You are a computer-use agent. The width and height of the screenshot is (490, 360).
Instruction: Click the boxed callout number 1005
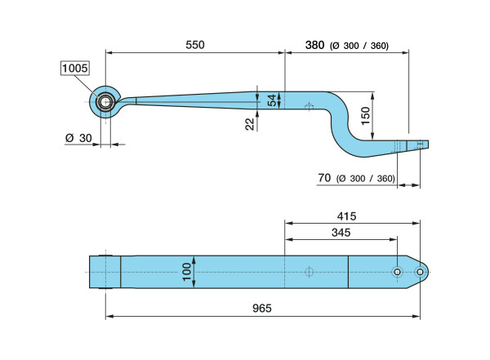(x=75, y=69)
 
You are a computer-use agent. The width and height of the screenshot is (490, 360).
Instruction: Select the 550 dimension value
(x=194, y=45)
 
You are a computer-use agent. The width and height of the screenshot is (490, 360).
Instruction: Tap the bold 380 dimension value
(x=314, y=46)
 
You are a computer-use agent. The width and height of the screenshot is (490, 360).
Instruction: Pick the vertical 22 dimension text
(x=249, y=122)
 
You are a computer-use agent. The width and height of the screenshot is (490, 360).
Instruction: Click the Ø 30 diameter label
(x=78, y=138)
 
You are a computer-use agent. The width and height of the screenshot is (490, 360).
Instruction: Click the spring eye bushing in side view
(x=106, y=102)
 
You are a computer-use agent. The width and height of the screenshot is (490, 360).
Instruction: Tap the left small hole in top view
(x=396, y=271)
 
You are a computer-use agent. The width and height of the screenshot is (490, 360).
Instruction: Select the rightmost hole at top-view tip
(x=419, y=271)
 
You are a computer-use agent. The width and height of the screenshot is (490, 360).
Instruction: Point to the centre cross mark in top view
(x=309, y=271)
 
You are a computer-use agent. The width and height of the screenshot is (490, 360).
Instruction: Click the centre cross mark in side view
(x=309, y=106)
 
